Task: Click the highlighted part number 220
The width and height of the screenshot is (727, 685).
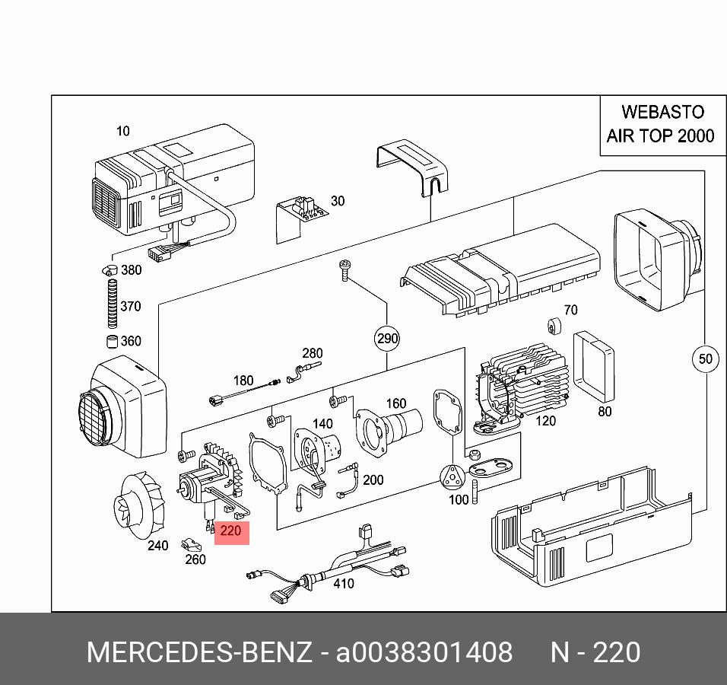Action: [230, 530]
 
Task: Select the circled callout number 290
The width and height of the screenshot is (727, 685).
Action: [387, 339]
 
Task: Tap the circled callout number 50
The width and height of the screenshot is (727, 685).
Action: [706, 358]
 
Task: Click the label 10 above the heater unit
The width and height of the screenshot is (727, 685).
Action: [122, 132]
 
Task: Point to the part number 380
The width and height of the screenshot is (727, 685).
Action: [131, 270]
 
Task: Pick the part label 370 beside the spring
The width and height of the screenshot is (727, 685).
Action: [130, 307]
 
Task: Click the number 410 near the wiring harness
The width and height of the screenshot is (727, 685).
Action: [344, 583]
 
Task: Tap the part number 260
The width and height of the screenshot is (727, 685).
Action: [195, 559]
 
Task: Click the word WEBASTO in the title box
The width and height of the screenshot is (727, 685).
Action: [662, 112]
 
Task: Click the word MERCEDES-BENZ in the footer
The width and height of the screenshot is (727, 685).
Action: [199, 653]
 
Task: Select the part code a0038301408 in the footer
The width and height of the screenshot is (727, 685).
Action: [424, 653]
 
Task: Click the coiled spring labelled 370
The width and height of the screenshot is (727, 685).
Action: [112, 304]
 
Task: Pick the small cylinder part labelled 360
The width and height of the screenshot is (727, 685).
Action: [111, 341]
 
